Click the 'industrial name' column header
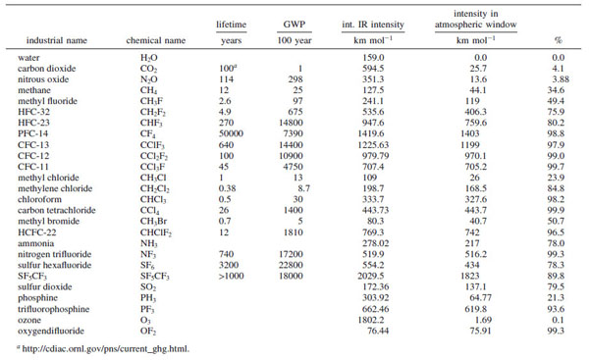click(x=57, y=40)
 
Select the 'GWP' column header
click(x=294, y=25)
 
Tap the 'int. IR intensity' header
click(x=373, y=25)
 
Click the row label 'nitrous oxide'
click(x=43, y=79)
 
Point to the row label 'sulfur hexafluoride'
click(x=54, y=265)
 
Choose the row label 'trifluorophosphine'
click(x=53, y=309)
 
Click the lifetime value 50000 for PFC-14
click(x=231, y=133)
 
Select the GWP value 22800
click(x=291, y=265)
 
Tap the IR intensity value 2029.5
click(x=371, y=276)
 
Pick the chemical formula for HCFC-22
click(x=156, y=232)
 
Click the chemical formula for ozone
click(x=145, y=320)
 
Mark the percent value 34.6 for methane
click(x=556, y=90)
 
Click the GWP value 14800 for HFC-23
click(x=291, y=123)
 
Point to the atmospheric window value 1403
click(x=469, y=133)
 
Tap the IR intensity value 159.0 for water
click(x=373, y=58)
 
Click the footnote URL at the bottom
click(x=106, y=349)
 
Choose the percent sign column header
click(x=559, y=40)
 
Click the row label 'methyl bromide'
click(x=48, y=221)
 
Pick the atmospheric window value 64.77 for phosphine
click(x=480, y=297)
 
